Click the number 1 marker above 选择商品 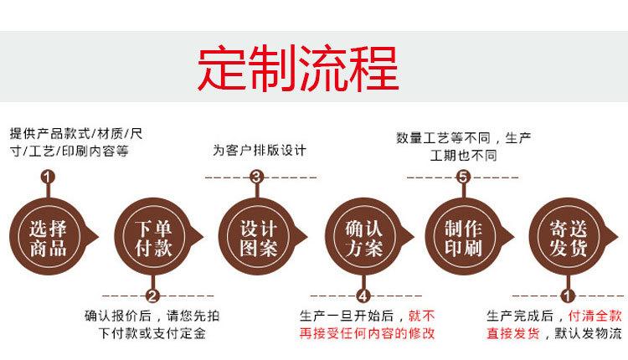(48, 177)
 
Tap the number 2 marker (152, 296)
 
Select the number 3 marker (257, 177)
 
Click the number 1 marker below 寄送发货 (568, 296)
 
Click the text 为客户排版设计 (259, 151)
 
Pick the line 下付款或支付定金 (152, 334)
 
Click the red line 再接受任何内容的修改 (367, 334)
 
